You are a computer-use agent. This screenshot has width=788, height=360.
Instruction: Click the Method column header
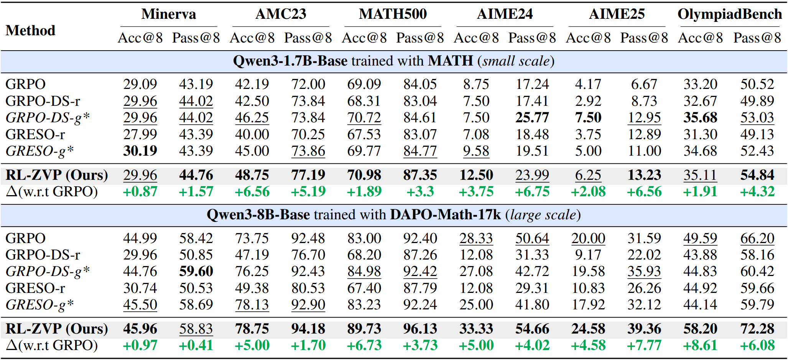[x=30, y=30]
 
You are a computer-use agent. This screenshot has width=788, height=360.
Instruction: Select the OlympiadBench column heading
[x=729, y=14]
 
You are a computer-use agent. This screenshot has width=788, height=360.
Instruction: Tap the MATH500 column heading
[x=393, y=14]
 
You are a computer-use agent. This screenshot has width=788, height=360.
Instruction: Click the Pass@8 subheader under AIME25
[x=644, y=38]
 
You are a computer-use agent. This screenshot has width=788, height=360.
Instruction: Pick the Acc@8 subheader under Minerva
[x=140, y=38]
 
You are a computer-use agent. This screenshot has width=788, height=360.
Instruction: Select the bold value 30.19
[x=140, y=151]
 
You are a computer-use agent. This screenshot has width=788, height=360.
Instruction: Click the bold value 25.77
[x=532, y=117]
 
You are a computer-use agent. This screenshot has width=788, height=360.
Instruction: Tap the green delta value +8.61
[x=700, y=345]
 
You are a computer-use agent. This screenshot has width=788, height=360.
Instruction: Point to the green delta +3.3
[x=420, y=191]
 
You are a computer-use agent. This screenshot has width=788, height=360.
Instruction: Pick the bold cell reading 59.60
[x=196, y=271]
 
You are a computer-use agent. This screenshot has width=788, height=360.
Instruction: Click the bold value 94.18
[x=308, y=329]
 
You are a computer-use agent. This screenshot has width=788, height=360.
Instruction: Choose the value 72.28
[x=757, y=329]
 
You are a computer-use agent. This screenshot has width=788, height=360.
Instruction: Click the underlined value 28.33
[x=476, y=238]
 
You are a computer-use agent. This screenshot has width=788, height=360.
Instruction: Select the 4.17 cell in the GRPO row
[x=588, y=84]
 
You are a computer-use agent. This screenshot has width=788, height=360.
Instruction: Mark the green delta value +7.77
[x=644, y=345]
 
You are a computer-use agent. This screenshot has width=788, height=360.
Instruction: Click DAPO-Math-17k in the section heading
[x=445, y=215]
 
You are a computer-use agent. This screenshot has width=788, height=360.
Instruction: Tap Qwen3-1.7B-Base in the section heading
[x=290, y=61]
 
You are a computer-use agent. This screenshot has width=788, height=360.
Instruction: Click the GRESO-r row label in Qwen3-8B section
[x=35, y=288]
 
